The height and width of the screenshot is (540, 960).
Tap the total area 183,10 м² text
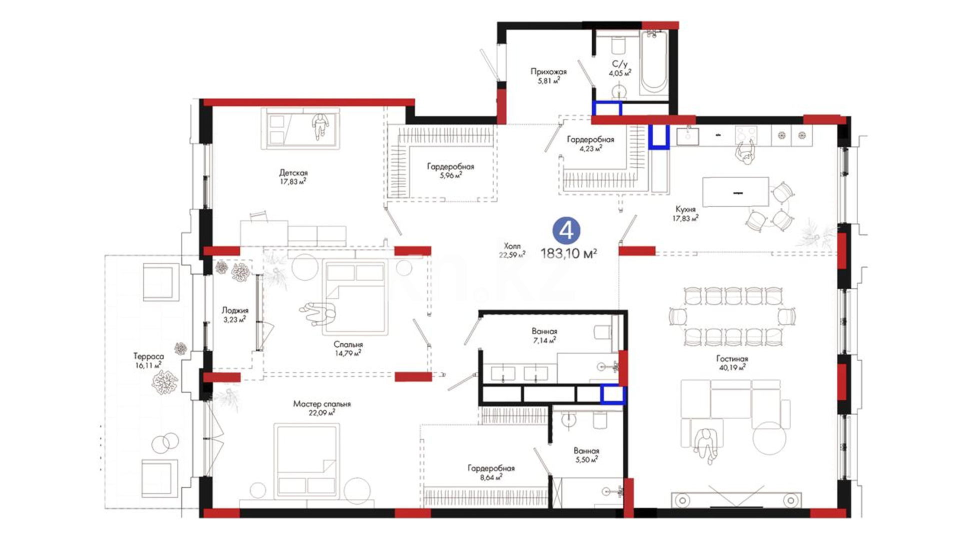point(568,253)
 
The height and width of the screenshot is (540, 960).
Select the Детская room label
point(293,173)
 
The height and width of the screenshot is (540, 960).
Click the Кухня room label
point(685,209)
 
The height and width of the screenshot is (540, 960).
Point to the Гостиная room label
point(732,358)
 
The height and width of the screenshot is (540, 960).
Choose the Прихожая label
point(548,72)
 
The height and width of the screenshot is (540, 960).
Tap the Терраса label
point(148,356)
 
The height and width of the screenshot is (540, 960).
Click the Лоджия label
point(235,310)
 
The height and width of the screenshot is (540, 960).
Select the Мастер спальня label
point(322,404)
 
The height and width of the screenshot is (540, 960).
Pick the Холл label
point(512,246)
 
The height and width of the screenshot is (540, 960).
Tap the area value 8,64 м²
point(490,477)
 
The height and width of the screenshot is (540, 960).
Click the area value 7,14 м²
point(544,340)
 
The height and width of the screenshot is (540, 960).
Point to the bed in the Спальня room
point(355,297)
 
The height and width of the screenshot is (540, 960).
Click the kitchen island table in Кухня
point(735,191)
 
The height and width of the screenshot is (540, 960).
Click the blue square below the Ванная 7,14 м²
point(612,394)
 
